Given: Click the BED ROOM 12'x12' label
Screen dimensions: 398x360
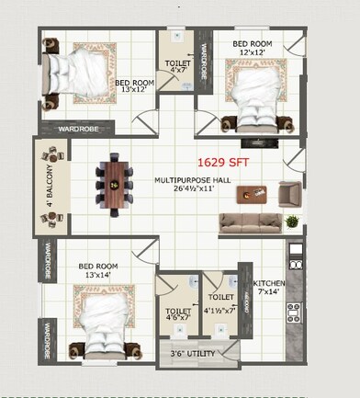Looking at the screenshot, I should tap(253, 48).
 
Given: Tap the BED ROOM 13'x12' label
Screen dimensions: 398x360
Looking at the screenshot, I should tap(134, 85).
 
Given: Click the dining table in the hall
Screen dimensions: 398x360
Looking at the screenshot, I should tap(115, 184).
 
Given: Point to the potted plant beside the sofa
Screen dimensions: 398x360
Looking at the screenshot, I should tap(291, 222).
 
